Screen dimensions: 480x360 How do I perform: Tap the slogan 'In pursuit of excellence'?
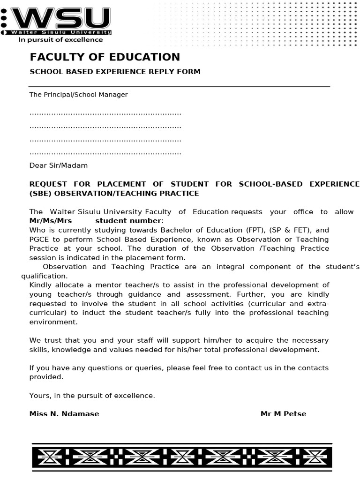60,40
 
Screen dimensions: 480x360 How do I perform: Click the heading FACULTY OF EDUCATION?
105,57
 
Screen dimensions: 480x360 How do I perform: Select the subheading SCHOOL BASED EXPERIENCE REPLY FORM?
115,72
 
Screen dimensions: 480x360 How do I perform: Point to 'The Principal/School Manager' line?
78,95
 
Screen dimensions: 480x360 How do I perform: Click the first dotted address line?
105,113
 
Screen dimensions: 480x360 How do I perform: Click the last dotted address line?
105,153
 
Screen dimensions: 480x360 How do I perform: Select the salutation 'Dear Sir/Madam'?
58,165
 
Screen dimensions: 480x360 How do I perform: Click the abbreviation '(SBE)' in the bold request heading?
41,194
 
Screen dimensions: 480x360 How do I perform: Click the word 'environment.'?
52,322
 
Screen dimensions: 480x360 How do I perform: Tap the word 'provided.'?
46,377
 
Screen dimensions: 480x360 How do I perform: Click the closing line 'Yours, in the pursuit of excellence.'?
92,396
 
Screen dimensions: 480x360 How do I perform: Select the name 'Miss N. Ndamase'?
64,414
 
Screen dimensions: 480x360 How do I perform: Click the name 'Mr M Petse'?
283,414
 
